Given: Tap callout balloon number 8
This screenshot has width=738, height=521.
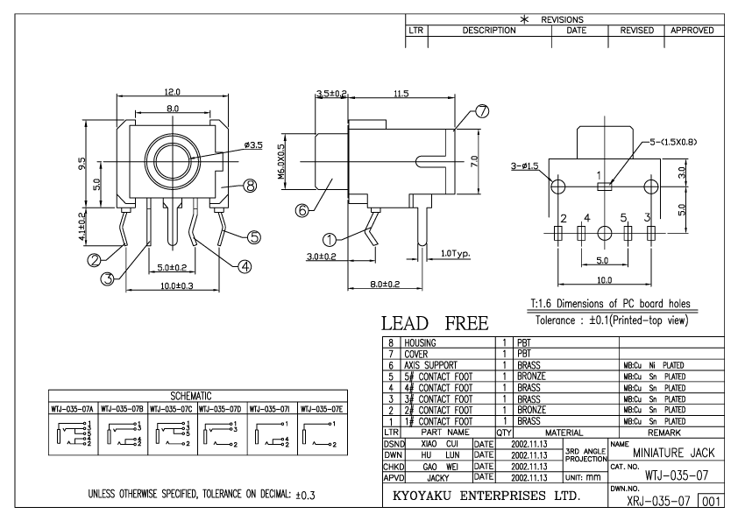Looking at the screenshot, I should [x=251, y=186].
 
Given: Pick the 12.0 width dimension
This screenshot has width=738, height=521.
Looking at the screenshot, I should [x=173, y=91].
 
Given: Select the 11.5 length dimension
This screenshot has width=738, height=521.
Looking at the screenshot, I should [x=401, y=93].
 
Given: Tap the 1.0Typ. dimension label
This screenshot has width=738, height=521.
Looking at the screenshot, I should [x=456, y=253].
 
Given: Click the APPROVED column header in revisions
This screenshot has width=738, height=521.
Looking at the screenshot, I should [x=693, y=30].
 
